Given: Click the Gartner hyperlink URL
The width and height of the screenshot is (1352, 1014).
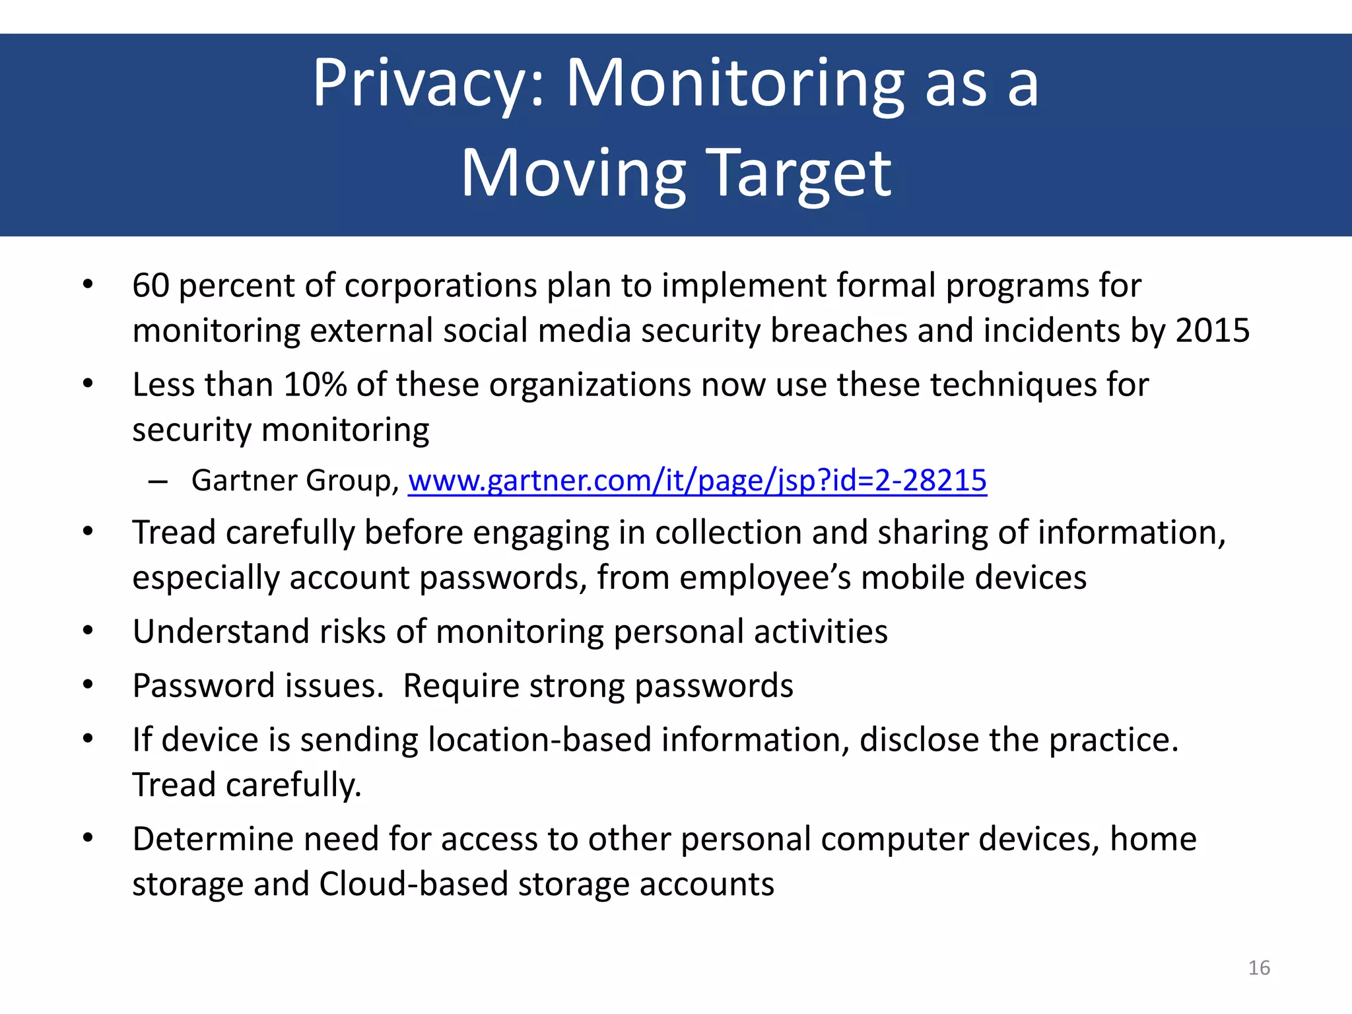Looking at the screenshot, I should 697,480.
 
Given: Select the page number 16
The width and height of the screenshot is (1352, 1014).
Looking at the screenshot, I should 1259,968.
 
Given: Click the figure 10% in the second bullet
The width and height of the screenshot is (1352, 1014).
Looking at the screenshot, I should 315,384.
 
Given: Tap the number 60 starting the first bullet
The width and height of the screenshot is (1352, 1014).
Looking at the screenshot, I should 151,285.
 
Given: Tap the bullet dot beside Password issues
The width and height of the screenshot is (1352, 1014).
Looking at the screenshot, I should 88,685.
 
